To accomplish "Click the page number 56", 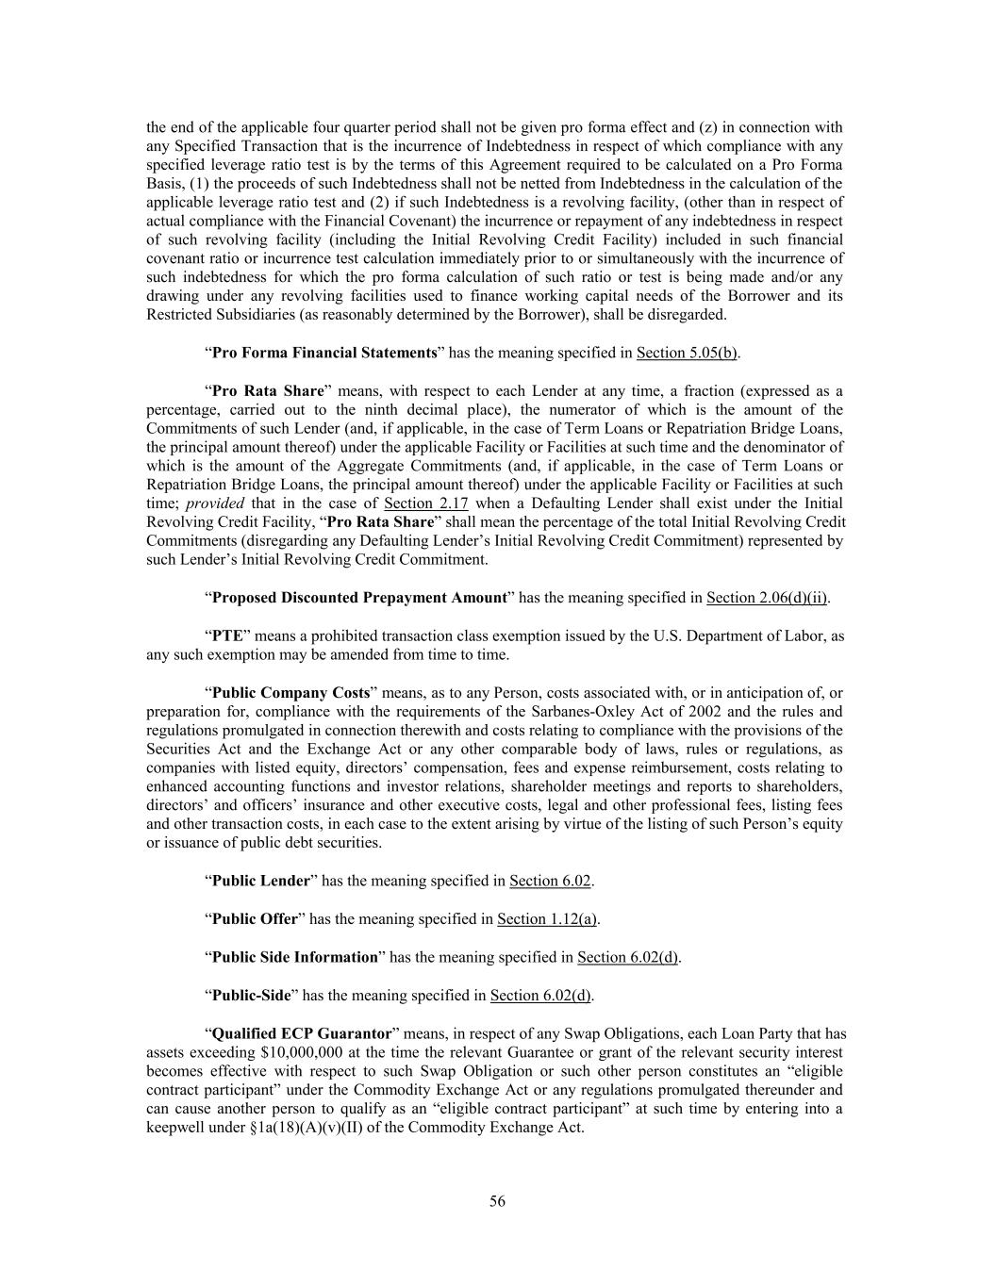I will pos(497,1201).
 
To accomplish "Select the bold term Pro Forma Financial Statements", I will pos(324,353).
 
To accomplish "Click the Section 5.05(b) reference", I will pos(687,353).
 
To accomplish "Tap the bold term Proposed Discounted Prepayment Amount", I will pos(359,598).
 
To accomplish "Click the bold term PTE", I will pos(227,636).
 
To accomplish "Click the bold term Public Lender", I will pos(260,882).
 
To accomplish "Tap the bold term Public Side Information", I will pos(294,958).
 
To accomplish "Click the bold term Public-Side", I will pos(251,996).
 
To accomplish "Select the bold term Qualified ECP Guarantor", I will pos(302,1033).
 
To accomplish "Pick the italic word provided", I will pos(215,503).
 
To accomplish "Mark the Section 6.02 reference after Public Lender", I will pos(550,882).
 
